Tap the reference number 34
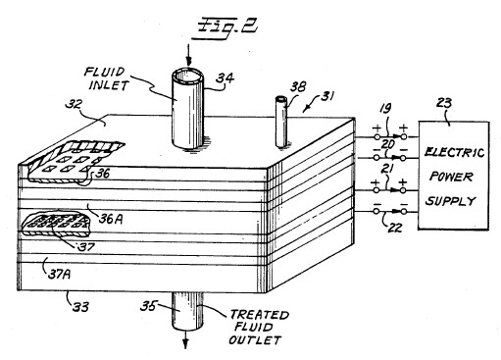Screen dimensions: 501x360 (225, 78)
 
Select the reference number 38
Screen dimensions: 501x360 (299, 86)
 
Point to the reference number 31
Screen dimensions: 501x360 (326, 96)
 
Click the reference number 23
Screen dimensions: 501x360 (444, 103)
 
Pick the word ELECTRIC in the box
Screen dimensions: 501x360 (454, 152)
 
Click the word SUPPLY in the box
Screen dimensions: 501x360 (450, 200)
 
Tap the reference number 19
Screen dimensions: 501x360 (385, 108)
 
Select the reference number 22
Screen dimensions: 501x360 (395, 227)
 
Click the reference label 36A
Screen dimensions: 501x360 (111, 219)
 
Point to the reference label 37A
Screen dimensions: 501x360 (59, 274)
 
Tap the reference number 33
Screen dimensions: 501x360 (80, 307)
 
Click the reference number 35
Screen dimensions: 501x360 (148, 306)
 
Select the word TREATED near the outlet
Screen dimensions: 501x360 (260, 315)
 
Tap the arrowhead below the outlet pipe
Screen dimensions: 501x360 (185, 343)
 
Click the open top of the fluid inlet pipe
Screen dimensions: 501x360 (188, 77)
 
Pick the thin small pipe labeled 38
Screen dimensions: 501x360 (281, 122)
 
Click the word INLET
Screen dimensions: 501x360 (109, 85)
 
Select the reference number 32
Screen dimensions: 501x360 (75, 104)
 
